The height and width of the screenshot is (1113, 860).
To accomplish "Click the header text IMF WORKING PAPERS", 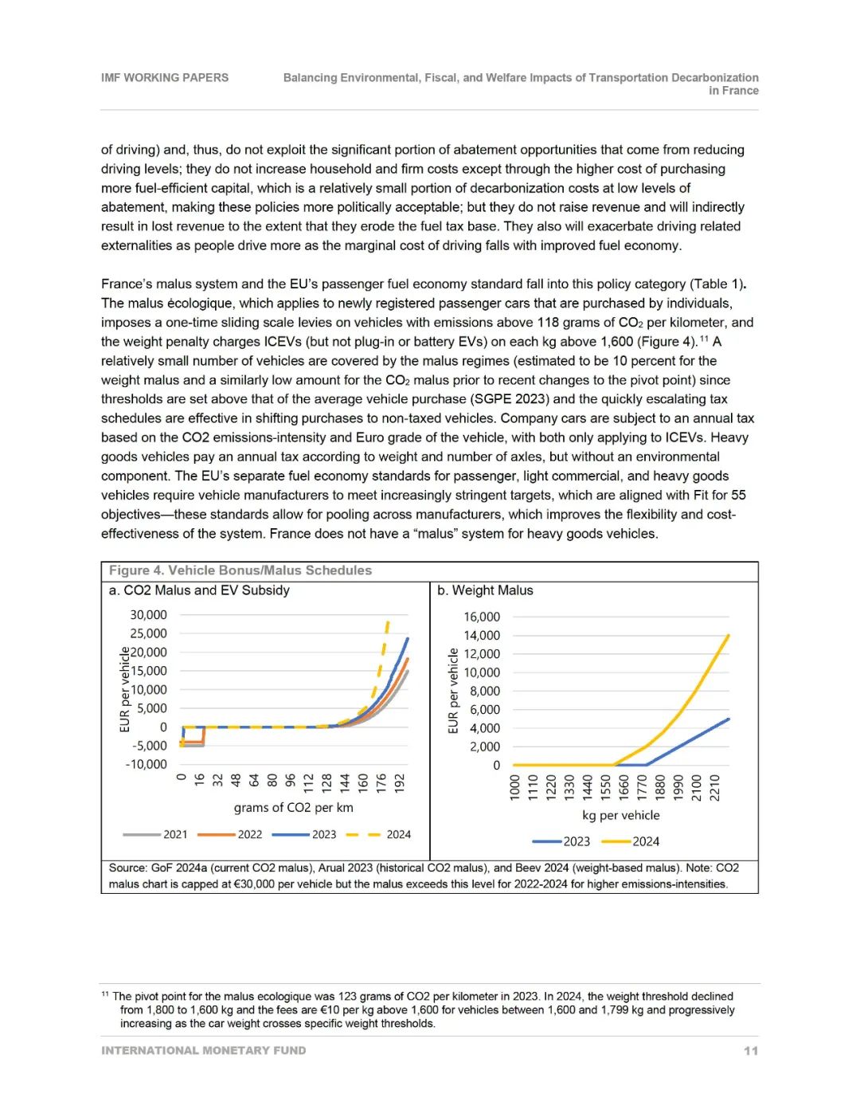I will coord(164,78).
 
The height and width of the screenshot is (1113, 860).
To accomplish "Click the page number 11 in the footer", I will coord(750,1051).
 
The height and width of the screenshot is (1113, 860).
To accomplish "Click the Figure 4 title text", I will coord(240,570).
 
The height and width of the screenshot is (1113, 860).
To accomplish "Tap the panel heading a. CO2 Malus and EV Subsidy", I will coord(199,590).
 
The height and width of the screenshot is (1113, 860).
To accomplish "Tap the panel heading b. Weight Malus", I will coord(485,590).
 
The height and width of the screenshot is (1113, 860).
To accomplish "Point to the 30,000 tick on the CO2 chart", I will coord(149,615).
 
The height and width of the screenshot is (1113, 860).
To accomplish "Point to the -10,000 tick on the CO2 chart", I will coord(147,765).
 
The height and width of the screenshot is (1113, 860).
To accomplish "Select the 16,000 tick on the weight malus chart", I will coord(482,617).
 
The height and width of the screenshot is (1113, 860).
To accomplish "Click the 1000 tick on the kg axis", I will coord(514,787).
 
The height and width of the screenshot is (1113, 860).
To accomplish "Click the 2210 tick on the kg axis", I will coord(715,787).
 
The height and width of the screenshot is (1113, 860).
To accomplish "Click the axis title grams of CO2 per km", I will coord(293,808).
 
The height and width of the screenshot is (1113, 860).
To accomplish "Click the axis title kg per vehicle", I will coord(621,816).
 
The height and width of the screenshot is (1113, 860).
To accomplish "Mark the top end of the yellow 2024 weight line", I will coord(728,636).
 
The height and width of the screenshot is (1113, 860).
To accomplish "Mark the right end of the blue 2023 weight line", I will coord(728,719).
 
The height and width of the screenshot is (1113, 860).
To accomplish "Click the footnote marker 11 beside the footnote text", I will coord(105,994).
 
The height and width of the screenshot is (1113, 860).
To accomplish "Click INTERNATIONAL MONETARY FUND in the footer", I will coord(203,1051).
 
